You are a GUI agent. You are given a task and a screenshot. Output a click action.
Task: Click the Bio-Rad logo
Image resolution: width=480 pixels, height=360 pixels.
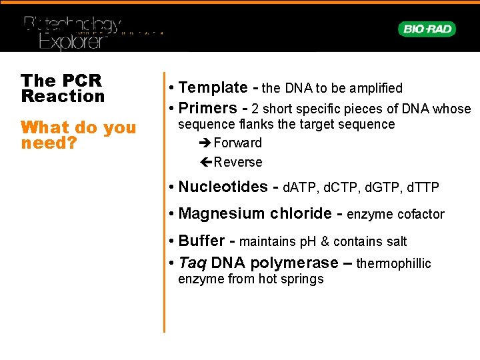pyautogui.click(x=427, y=29)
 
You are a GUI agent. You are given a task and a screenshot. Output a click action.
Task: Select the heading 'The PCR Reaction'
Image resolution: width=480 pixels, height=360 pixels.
pyautogui.click(x=63, y=88)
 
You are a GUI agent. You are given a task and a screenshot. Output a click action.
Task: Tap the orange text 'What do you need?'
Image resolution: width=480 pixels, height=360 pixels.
pyautogui.click(x=77, y=135)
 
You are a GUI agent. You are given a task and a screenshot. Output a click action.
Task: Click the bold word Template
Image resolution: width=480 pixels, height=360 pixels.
pyautogui.click(x=213, y=87)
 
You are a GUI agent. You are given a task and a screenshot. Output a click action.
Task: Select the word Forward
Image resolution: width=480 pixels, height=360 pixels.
pyautogui.click(x=238, y=143)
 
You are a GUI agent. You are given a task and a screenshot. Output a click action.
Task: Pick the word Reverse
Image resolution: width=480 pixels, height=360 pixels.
pyautogui.click(x=238, y=162)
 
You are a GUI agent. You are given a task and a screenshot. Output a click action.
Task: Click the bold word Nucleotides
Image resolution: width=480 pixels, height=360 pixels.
pyautogui.click(x=223, y=187)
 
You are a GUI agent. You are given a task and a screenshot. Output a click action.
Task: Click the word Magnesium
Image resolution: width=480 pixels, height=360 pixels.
pyautogui.click(x=212, y=213)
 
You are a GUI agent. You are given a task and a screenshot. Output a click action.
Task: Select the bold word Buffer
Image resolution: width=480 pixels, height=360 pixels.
pyautogui.click(x=201, y=241)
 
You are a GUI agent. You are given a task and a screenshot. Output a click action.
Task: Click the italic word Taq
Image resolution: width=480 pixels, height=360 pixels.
pyautogui.click(x=192, y=263)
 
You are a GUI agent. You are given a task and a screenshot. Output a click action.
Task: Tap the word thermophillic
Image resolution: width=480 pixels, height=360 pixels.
pyautogui.click(x=394, y=263)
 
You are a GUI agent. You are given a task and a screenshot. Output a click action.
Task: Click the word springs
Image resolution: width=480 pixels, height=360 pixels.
pyautogui.click(x=301, y=279)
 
